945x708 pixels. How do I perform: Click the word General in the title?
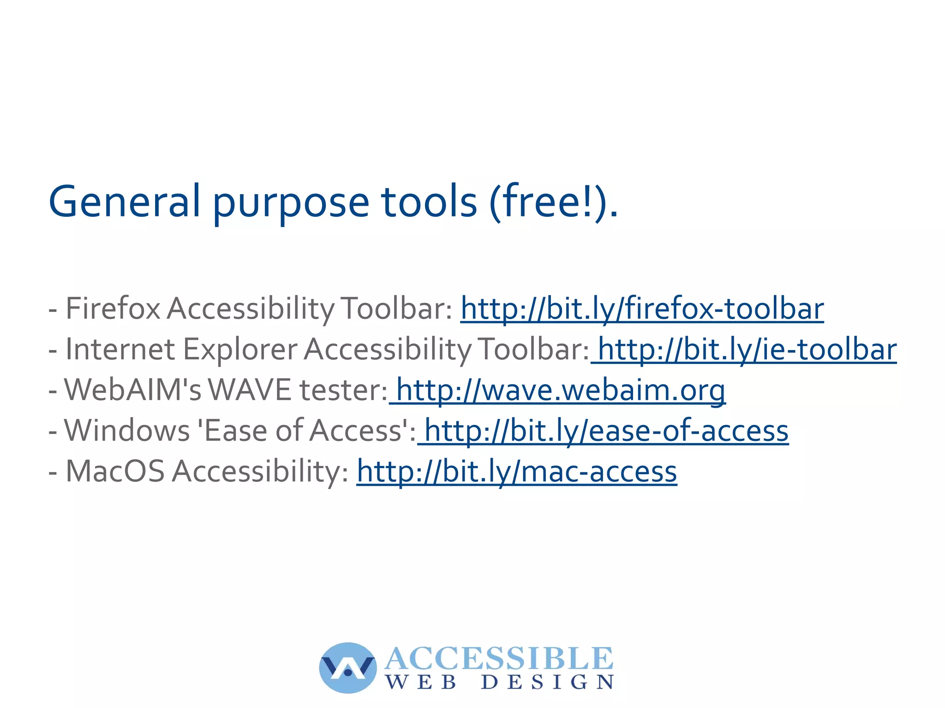point(125,202)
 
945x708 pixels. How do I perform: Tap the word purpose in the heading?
point(291,203)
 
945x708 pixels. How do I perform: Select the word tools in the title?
point(429,202)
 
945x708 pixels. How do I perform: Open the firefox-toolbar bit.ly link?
point(642,309)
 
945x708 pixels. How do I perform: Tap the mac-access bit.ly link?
point(516,471)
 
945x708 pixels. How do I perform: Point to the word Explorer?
point(240,349)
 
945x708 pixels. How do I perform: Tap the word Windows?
point(127,431)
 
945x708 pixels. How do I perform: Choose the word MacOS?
point(115,471)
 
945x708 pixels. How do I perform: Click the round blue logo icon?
point(347,667)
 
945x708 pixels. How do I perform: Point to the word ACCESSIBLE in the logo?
point(499,658)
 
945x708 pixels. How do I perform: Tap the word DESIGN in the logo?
point(547,682)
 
